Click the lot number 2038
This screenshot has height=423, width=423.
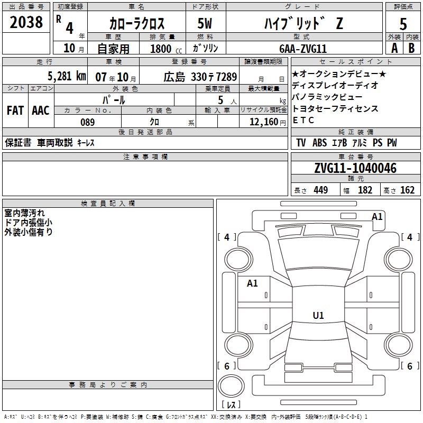point(26,22)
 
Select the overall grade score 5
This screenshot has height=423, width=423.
point(403,24)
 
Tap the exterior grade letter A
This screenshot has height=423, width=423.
point(394,48)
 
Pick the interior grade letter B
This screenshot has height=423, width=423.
point(411,48)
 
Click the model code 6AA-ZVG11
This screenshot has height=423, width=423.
point(303,49)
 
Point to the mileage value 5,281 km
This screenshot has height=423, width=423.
point(67,76)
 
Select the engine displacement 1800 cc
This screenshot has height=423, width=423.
point(166,49)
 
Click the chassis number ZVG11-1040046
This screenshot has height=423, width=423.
point(355,168)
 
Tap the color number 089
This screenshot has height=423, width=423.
point(88,122)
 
